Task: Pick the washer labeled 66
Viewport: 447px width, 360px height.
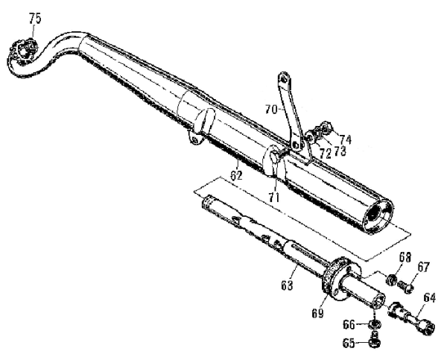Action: [375, 323]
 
